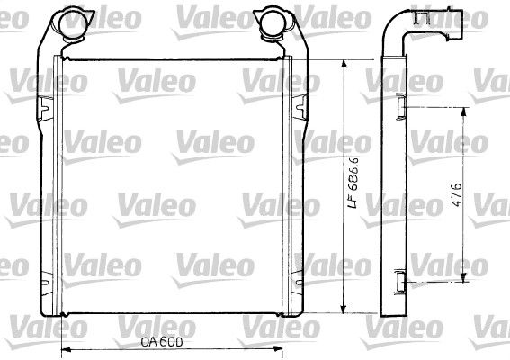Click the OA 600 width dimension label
click(162, 342)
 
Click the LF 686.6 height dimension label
click(353, 183)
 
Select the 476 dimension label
click(457, 194)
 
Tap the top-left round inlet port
click(71, 23)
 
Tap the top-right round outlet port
click(273, 23)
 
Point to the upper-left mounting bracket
click(45, 107)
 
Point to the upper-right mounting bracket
click(300, 107)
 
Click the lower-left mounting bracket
click(46, 283)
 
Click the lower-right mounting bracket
click(298, 282)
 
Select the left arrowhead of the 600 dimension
click(65, 349)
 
